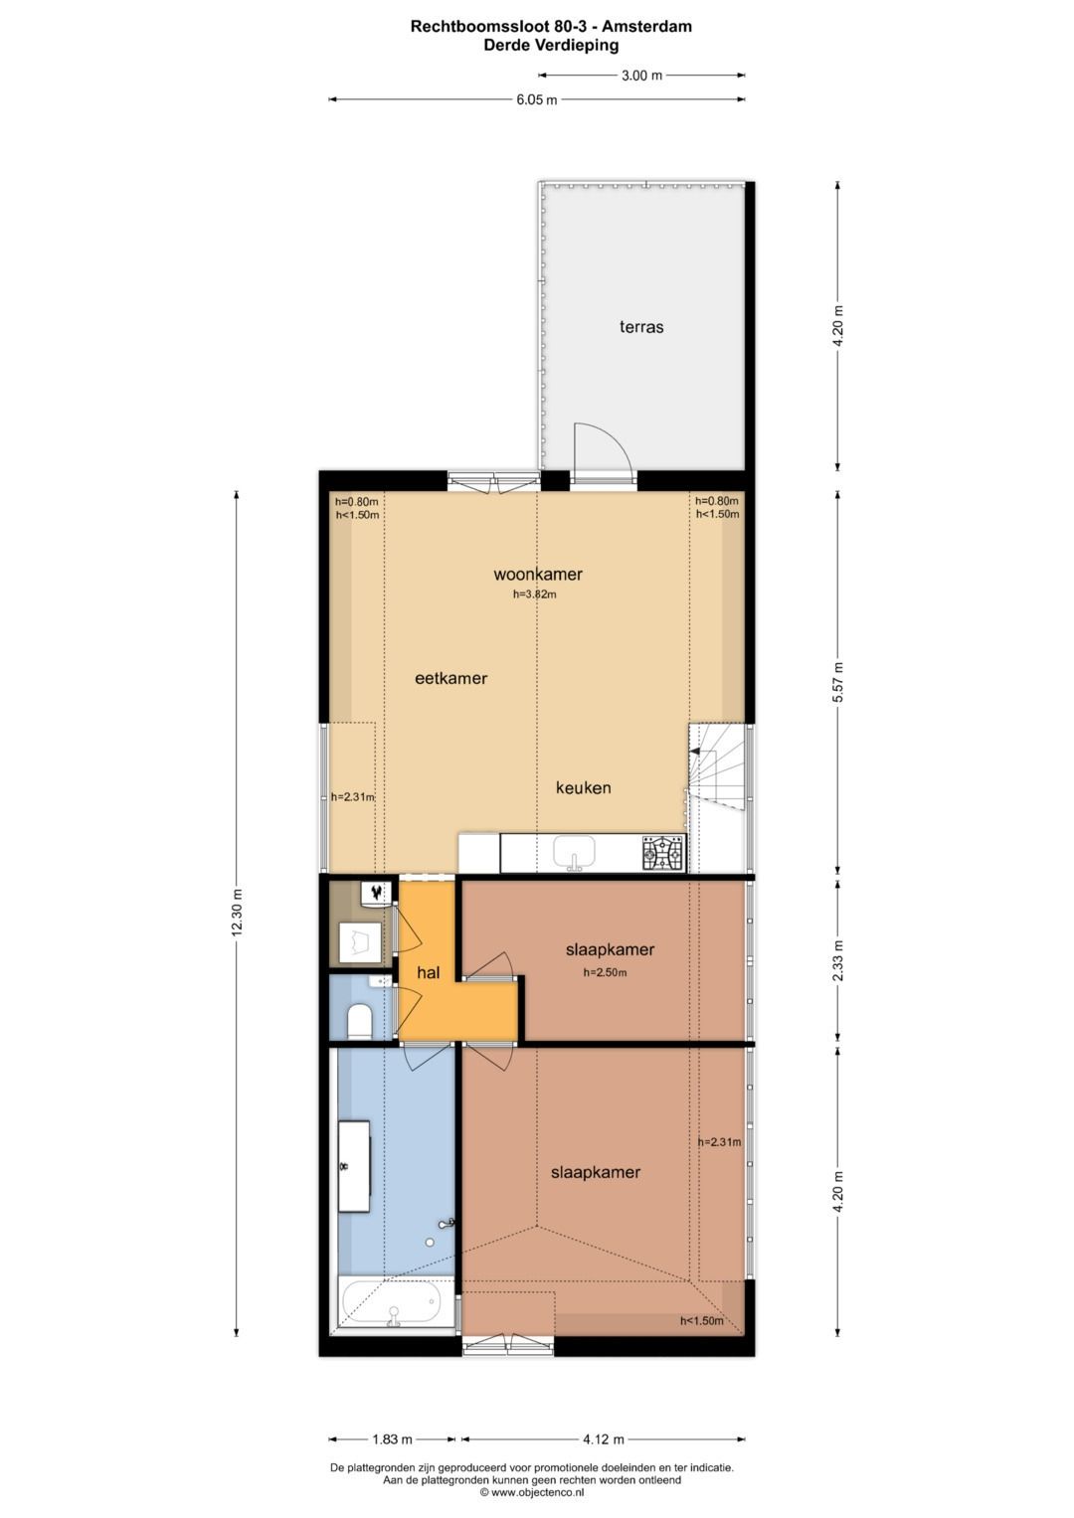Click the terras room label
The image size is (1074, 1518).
(x=641, y=326)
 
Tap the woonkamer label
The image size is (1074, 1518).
(x=537, y=574)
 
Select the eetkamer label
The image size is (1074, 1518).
(x=450, y=678)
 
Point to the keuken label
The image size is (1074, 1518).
(x=583, y=787)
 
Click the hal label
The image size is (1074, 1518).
(x=428, y=972)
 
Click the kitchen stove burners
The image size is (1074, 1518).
(x=663, y=853)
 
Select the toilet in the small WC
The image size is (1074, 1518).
(x=359, y=1020)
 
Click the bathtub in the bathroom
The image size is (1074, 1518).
(x=391, y=1303)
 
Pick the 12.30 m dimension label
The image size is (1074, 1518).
(x=236, y=912)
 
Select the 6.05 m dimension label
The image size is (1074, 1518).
(x=536, y=99)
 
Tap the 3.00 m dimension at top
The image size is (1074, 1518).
(x=641, y=75)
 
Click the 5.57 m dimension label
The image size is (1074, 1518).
(x=838, y=682)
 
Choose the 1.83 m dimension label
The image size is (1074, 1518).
(x=392, y=1438)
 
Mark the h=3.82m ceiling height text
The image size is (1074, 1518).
(x=535, y=594)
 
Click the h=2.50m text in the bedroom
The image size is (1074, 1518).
(x=605, y=972)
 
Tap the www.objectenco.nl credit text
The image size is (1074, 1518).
(x=538, y=1492)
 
